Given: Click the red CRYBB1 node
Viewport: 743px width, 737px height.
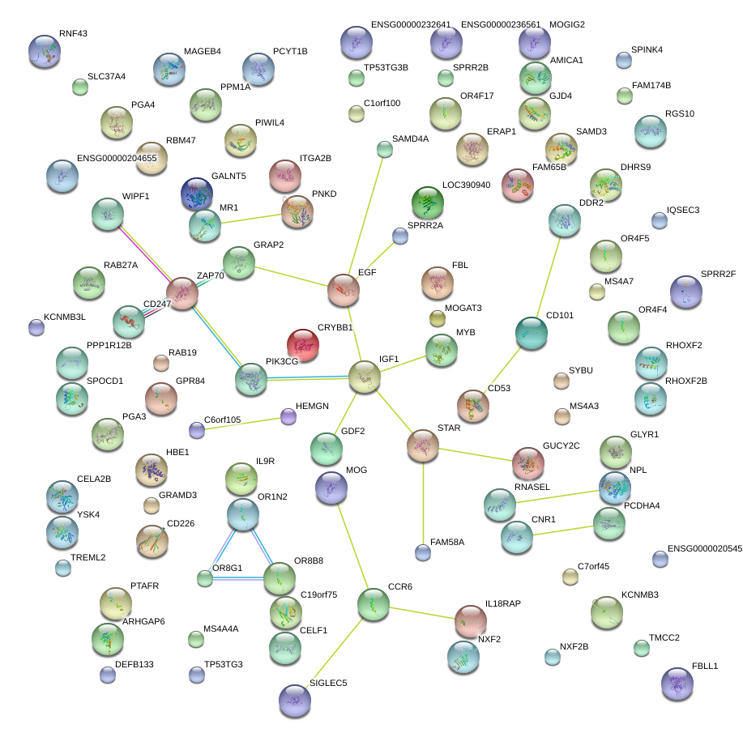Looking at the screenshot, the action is click(303, 345).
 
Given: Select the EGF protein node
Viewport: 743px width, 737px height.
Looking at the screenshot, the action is click(344, 290).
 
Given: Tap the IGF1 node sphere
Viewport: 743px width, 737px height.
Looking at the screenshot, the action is click(365, 377).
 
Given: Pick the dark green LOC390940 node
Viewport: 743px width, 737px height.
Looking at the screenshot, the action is click(428, 202).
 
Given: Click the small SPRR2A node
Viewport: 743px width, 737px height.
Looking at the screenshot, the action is click(400, 236).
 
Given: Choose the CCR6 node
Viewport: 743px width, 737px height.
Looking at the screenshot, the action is click(374, 605).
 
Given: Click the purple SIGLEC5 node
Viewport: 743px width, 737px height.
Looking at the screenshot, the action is click(294, 700).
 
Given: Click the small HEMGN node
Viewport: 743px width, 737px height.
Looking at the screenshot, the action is click(288, 417).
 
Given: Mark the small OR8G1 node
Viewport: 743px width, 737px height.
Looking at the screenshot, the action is click(206, 578).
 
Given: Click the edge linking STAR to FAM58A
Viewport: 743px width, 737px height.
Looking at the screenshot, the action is click(422, 502).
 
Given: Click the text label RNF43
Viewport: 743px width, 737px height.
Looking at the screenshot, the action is click(73, 34).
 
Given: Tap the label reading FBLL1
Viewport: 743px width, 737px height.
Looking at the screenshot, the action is click(705, 666).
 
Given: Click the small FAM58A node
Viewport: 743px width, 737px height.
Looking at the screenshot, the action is click(422, 552).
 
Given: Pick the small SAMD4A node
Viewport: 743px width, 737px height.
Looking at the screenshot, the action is click(385, 149).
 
